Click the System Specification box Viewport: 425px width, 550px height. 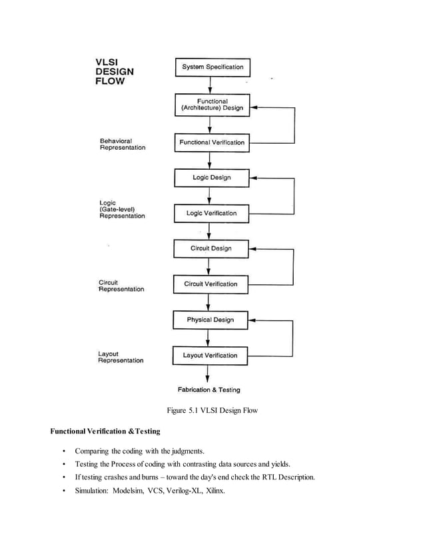pos(212,67)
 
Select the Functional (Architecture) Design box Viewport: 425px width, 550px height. pos(212,105)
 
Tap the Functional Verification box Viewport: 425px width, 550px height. pos(212,142)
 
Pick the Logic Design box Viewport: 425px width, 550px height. pos(212,178)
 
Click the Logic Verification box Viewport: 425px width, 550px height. pos(211,213)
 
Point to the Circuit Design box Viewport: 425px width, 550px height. pos(211,248)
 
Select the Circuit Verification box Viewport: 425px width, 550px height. pos(211,284)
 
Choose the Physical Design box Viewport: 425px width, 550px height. pos(211,320)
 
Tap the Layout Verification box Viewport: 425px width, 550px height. pos(210,356)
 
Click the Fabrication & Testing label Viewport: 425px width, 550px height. pos(209,390)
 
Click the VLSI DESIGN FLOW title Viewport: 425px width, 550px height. pos(115,72)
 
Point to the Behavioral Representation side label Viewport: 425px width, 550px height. pos(122,144)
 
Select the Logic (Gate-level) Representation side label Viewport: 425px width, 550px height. pos(122,210)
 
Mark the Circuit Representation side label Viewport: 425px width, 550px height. pos(121,286)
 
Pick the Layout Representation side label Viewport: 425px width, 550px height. pos(121,357)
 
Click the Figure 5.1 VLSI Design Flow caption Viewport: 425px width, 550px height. pos(212,411)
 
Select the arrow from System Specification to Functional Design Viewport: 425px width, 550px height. pos(211,84)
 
